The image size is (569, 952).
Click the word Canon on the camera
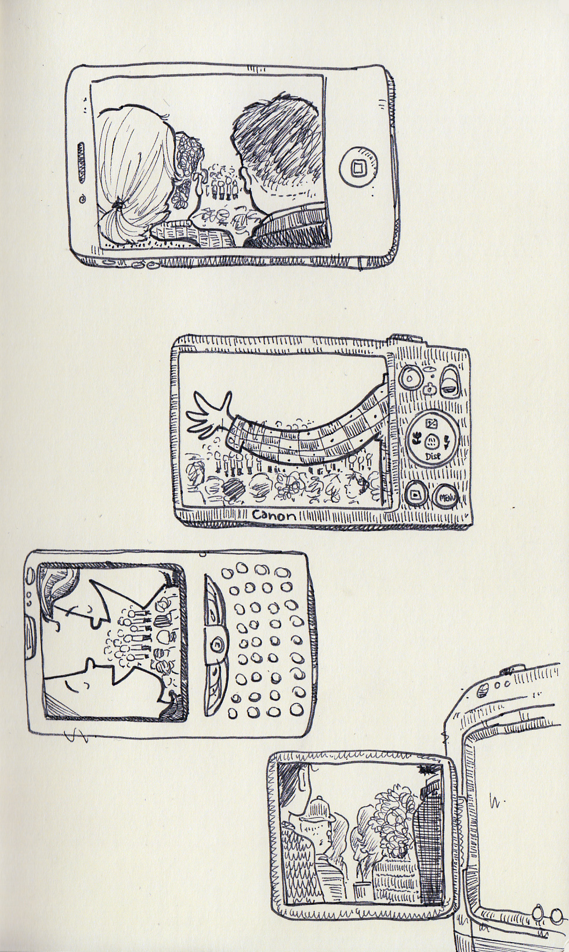click(x=273, y=516)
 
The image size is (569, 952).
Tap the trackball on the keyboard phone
click(x=216, y=644)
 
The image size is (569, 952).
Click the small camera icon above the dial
click(x=430, y=388)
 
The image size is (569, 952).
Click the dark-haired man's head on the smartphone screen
click(x=277, y=144)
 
